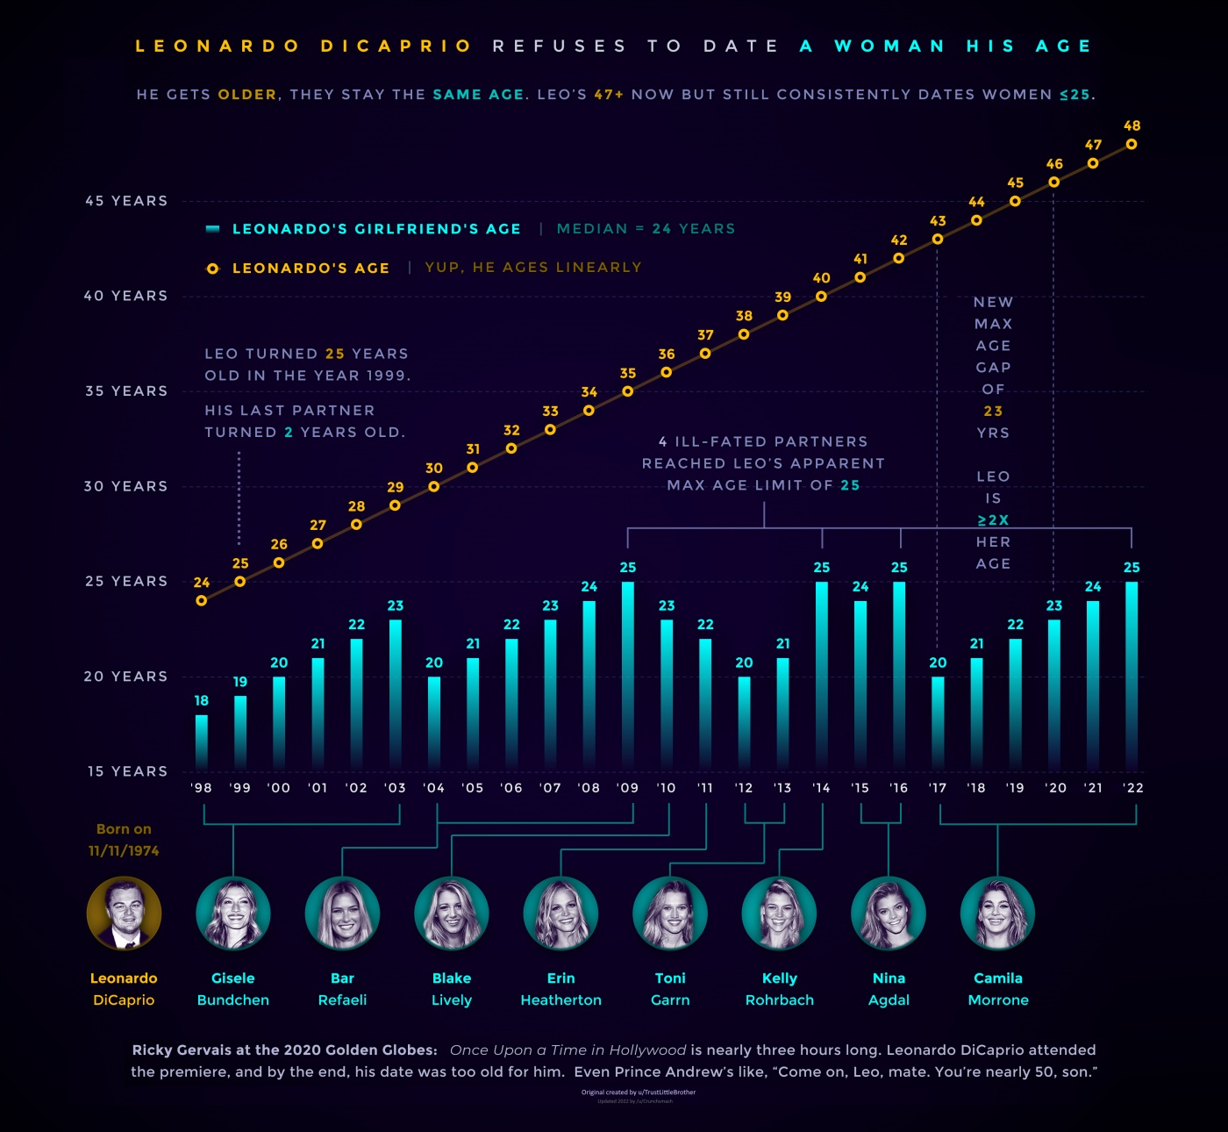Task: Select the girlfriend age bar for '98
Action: click(x=202, y=742)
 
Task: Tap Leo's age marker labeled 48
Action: click(x=1132, y=144)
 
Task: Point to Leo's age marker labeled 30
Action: click(x=434, y=486)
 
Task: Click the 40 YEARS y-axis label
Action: click(x=125, y=296)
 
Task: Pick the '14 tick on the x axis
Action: click(x=822, y=788)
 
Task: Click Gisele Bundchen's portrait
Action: click(x=233, y=913)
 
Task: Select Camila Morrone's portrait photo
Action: click(x=998, y=913)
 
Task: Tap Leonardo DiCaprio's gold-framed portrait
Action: click(x=124, y=913)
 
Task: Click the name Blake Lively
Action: click(x=452, y=989)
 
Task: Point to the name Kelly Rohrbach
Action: click(x=780, y=989)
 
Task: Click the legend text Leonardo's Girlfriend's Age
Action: click(x=376, y=229)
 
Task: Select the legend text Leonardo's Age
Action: click(x=311, y=269)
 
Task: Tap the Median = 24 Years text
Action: click(x=646, y=229)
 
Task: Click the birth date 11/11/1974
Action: click(x=124, y=850)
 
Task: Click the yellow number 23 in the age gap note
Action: click(x=993, y=411)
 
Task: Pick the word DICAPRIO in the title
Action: click(x=396, y=46)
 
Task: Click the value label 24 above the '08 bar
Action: click(x=589, y=586)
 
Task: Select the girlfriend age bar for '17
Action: click(x=938, y=721)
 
